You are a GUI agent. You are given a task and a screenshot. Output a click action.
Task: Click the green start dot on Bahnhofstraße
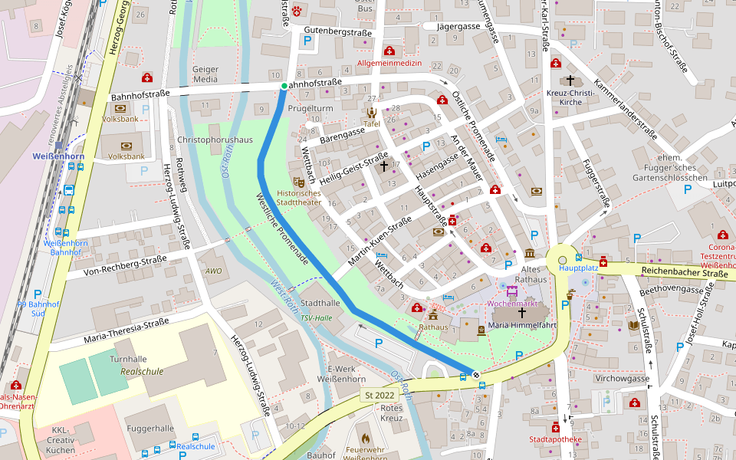[x=284, y=86]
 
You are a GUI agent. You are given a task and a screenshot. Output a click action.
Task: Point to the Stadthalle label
[x=320, y=304]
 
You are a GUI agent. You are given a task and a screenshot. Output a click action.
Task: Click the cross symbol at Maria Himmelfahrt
[x=522, y=313]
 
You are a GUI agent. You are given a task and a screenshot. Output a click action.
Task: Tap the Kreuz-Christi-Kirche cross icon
[x=570, y=80]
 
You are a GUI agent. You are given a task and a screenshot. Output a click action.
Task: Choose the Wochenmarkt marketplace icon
[x=511, y=291]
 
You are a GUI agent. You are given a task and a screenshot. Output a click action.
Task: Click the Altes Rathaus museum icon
[x=530, y=254]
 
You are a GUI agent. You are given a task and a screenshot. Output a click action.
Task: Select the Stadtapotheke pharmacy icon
[x=555, y=427]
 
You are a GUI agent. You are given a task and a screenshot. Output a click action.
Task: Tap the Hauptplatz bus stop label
[x=578, y=268]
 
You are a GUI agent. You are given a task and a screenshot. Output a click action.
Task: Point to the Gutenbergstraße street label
[x=338, y=31]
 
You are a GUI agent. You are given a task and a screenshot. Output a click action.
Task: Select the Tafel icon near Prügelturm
[x=372, y=113]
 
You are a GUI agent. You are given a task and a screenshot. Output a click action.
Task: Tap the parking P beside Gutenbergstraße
[x=308, y=41]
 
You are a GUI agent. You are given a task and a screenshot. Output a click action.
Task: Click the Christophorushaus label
[x=215, y=140]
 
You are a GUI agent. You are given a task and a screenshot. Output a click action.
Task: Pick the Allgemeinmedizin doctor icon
[x=389, y=51]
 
